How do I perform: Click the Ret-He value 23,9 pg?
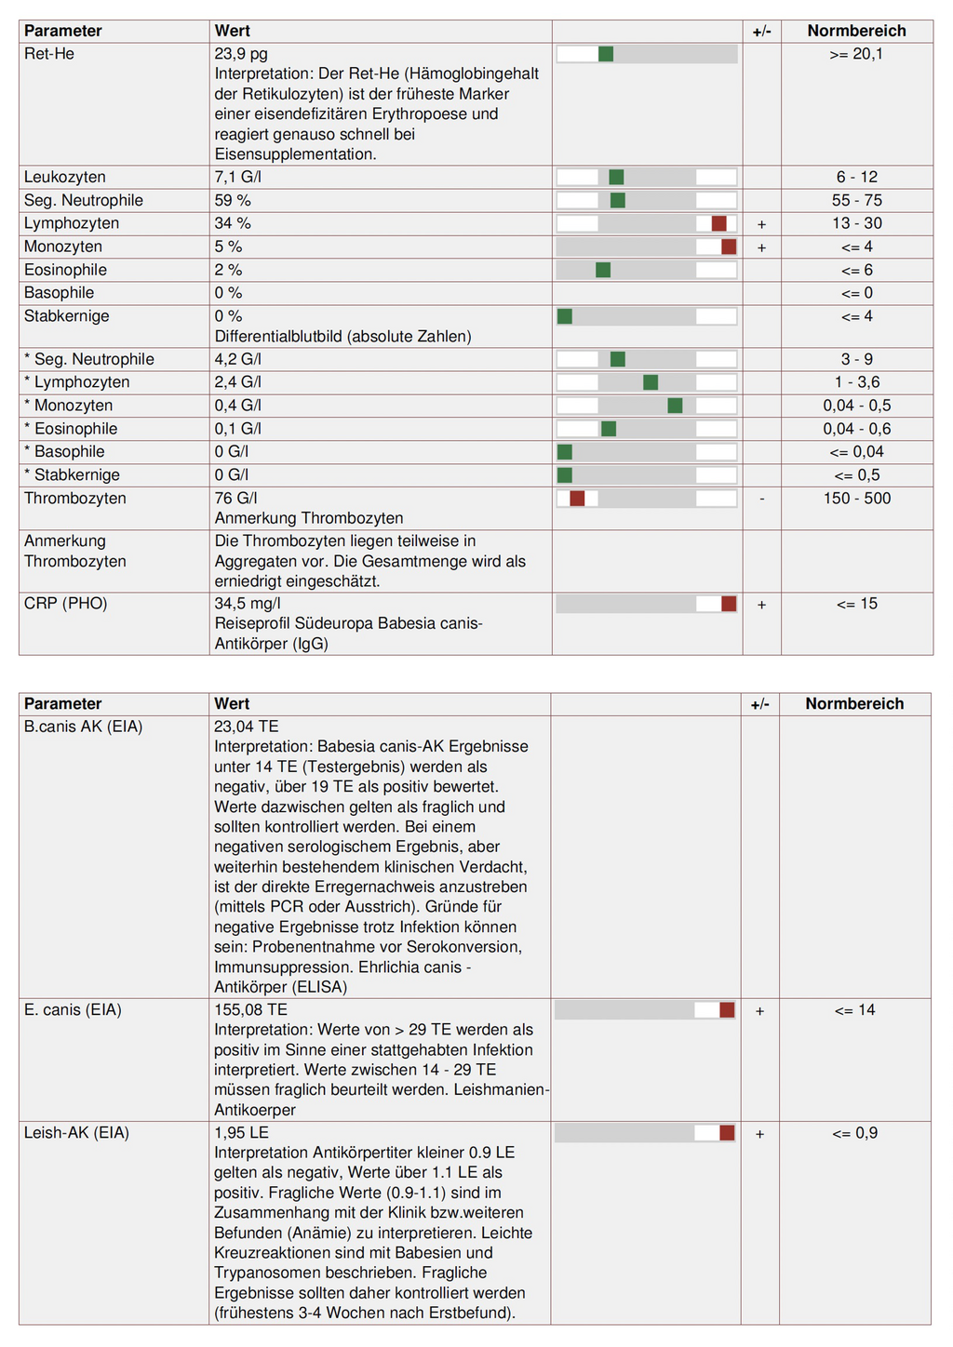coord(241,54)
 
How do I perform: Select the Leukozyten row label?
coord(65,177)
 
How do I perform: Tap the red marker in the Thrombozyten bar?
coord(577,499)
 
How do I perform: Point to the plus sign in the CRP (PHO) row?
coord(762,605)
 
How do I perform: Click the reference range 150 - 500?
coord(856,499)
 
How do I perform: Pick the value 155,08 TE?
coord(250,1010)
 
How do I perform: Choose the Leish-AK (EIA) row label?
coord(76,1133)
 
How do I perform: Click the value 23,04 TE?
coord(247,727)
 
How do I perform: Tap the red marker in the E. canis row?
coord(727,1010)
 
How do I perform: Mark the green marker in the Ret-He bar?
coord(606,54)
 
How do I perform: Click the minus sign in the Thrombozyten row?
coord(762,499)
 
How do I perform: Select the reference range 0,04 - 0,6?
coord(856,429)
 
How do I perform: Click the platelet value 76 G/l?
coord(236,499)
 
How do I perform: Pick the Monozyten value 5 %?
coord(228,247)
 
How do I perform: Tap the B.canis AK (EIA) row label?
coord(84,727)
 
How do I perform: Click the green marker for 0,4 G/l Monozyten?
coord(675,406)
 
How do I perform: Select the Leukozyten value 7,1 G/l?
coord(238,177)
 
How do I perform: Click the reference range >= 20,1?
coord(856,54)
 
